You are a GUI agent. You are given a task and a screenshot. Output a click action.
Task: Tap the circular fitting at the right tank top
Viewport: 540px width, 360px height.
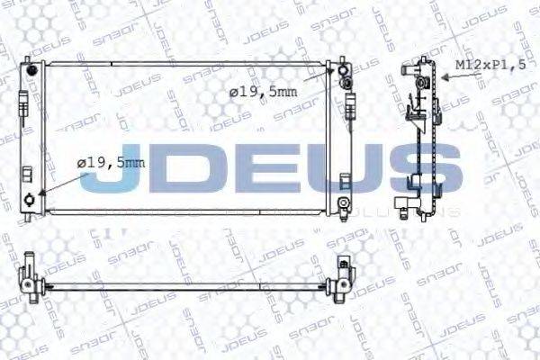(x=346, y=80)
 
